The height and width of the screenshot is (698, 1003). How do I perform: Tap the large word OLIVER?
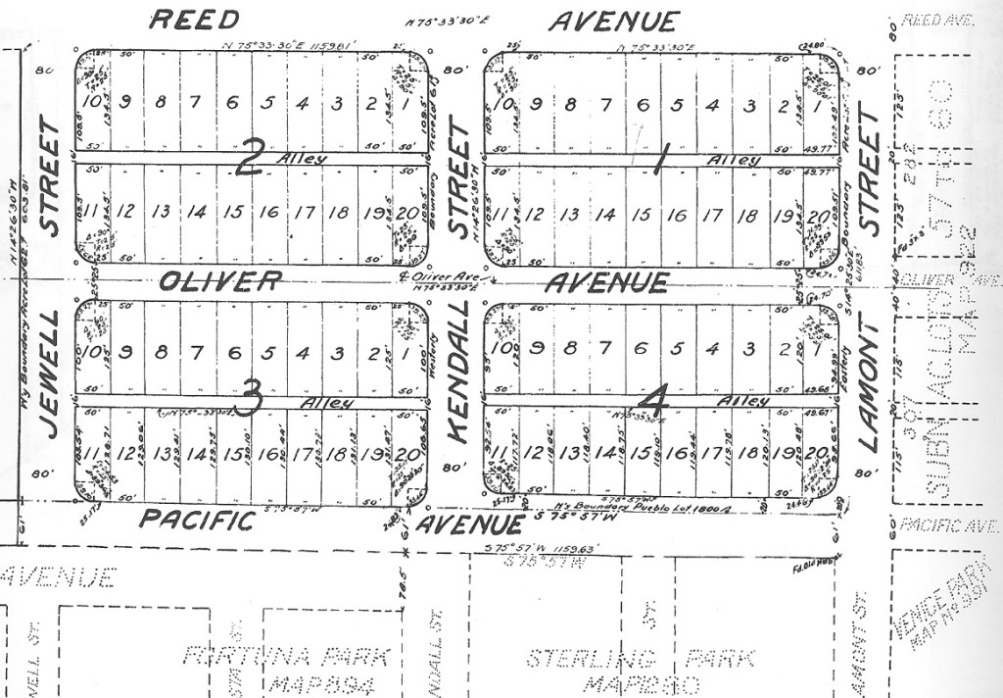219,282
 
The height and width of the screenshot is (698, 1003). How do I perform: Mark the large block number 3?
251,398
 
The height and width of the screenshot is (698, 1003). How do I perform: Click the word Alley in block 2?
305,158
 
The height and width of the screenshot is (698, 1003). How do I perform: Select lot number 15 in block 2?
232,212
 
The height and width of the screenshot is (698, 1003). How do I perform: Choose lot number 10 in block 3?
94,351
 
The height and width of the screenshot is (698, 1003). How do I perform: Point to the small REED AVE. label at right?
936,20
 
